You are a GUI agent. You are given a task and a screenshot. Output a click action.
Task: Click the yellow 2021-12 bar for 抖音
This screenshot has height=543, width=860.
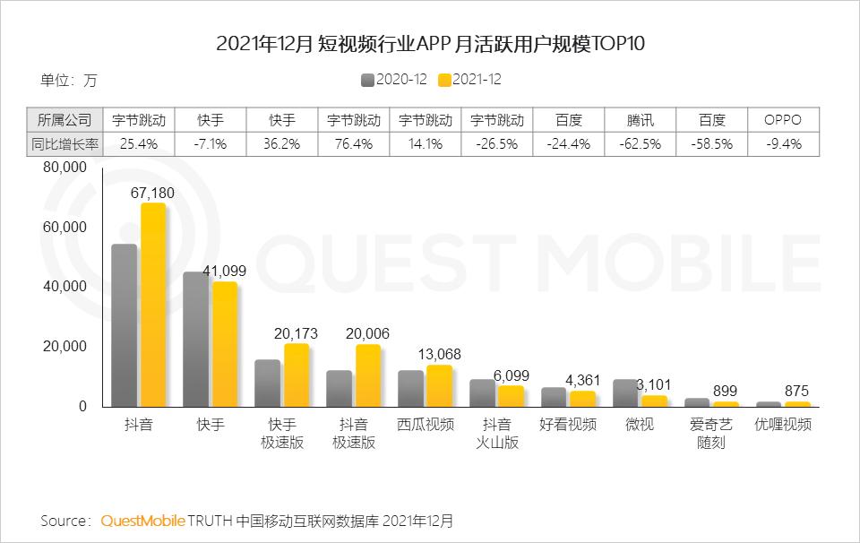pos(152,306)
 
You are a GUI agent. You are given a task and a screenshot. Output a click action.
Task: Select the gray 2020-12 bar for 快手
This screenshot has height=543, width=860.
pos(195,340)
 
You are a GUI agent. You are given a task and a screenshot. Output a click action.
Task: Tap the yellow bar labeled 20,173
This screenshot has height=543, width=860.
pos(296,375)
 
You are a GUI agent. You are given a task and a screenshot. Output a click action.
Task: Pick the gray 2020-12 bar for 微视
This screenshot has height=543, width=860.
pos(625,393)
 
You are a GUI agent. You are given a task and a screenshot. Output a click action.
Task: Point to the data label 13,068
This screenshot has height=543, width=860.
pos(439,354)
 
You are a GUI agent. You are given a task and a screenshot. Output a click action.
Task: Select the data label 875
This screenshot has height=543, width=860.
pos(797,391)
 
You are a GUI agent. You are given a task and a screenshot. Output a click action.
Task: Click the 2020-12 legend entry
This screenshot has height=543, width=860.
pos(393,79)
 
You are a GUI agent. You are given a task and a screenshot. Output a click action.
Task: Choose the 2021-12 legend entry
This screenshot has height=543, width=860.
pos(469,79)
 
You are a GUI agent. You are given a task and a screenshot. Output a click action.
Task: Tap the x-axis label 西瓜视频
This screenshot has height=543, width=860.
pos(426,425)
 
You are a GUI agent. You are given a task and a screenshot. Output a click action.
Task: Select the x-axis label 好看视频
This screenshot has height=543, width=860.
pos(568,425)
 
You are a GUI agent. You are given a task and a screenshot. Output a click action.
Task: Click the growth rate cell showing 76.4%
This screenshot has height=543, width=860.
pos(354,143)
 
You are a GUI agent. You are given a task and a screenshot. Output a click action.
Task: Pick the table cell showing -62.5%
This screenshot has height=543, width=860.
pos(640,143)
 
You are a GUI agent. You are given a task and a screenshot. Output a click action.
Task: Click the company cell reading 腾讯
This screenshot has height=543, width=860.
pos(640,119)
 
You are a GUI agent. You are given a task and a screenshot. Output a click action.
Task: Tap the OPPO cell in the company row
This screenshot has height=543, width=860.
pos(782,119)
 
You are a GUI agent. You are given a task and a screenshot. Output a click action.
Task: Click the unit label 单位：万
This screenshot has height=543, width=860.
pos(68,80)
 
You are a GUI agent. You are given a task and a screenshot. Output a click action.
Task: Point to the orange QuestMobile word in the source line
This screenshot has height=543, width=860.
pos(143,521)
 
